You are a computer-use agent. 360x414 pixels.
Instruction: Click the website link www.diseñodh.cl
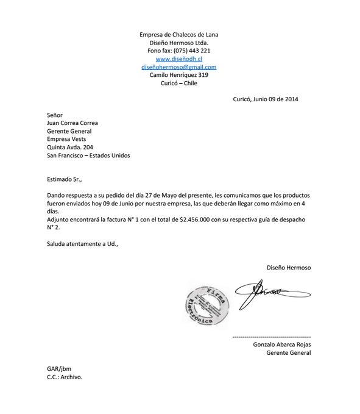(178, 59)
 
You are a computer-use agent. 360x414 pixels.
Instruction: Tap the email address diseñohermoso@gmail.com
(178, 67)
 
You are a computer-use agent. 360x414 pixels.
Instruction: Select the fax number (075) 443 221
(192, 51)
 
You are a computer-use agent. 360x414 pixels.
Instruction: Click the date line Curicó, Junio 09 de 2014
(266, 99)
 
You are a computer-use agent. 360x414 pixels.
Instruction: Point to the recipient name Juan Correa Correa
(72, 123)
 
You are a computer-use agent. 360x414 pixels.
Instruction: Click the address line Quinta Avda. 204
(70, 147)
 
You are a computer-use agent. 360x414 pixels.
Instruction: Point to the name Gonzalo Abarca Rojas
(281, 344)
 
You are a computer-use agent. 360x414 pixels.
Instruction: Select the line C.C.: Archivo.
(64, 377)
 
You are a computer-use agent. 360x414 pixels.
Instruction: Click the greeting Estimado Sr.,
(64, 179)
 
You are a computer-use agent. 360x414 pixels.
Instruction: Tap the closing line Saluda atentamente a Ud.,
(82, 244)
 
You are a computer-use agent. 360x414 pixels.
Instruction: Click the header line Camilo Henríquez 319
(178, 75)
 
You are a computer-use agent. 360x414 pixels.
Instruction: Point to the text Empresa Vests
(66, 139)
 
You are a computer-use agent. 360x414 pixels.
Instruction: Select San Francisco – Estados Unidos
(88, 155)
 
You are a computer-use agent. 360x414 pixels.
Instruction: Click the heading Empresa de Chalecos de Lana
(178, 35)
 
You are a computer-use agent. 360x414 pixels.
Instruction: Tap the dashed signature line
(272, 337)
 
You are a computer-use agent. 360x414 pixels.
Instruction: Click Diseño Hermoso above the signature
(288, 268)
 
